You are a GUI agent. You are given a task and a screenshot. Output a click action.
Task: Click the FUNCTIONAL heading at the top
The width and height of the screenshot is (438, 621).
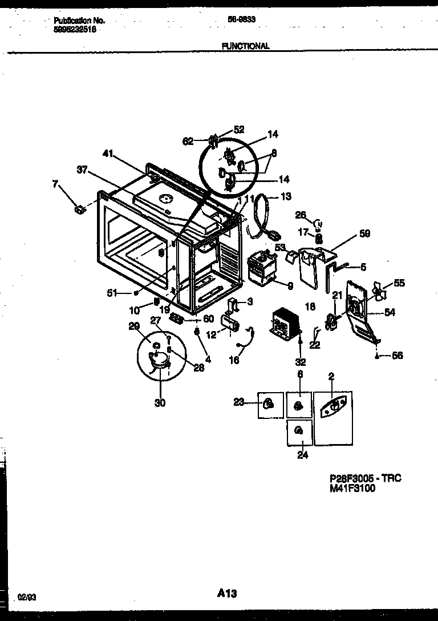(246, 46)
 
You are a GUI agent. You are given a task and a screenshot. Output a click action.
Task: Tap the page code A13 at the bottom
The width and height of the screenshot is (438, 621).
(226, 594)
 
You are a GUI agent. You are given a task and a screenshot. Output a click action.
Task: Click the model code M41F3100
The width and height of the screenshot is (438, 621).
(352, 489)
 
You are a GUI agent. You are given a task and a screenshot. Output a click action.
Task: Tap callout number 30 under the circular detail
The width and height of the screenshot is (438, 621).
(160, 403)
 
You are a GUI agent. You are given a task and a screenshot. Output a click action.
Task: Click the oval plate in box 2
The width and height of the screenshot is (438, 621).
(333, 406)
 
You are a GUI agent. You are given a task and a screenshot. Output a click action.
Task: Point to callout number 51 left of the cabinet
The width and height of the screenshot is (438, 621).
(112, 293)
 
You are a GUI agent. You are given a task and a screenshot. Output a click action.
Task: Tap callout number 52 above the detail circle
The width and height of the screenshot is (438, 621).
(238, 129)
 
